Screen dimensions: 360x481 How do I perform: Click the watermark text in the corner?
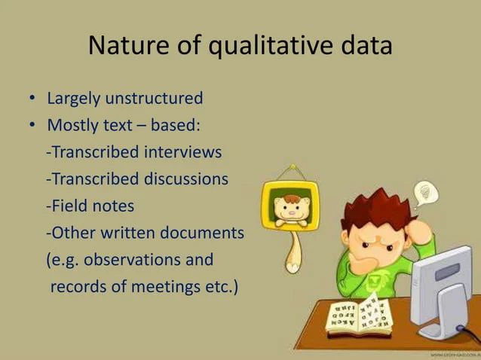click(x=452, y=353)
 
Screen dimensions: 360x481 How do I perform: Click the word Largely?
click(x=74, y=99)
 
